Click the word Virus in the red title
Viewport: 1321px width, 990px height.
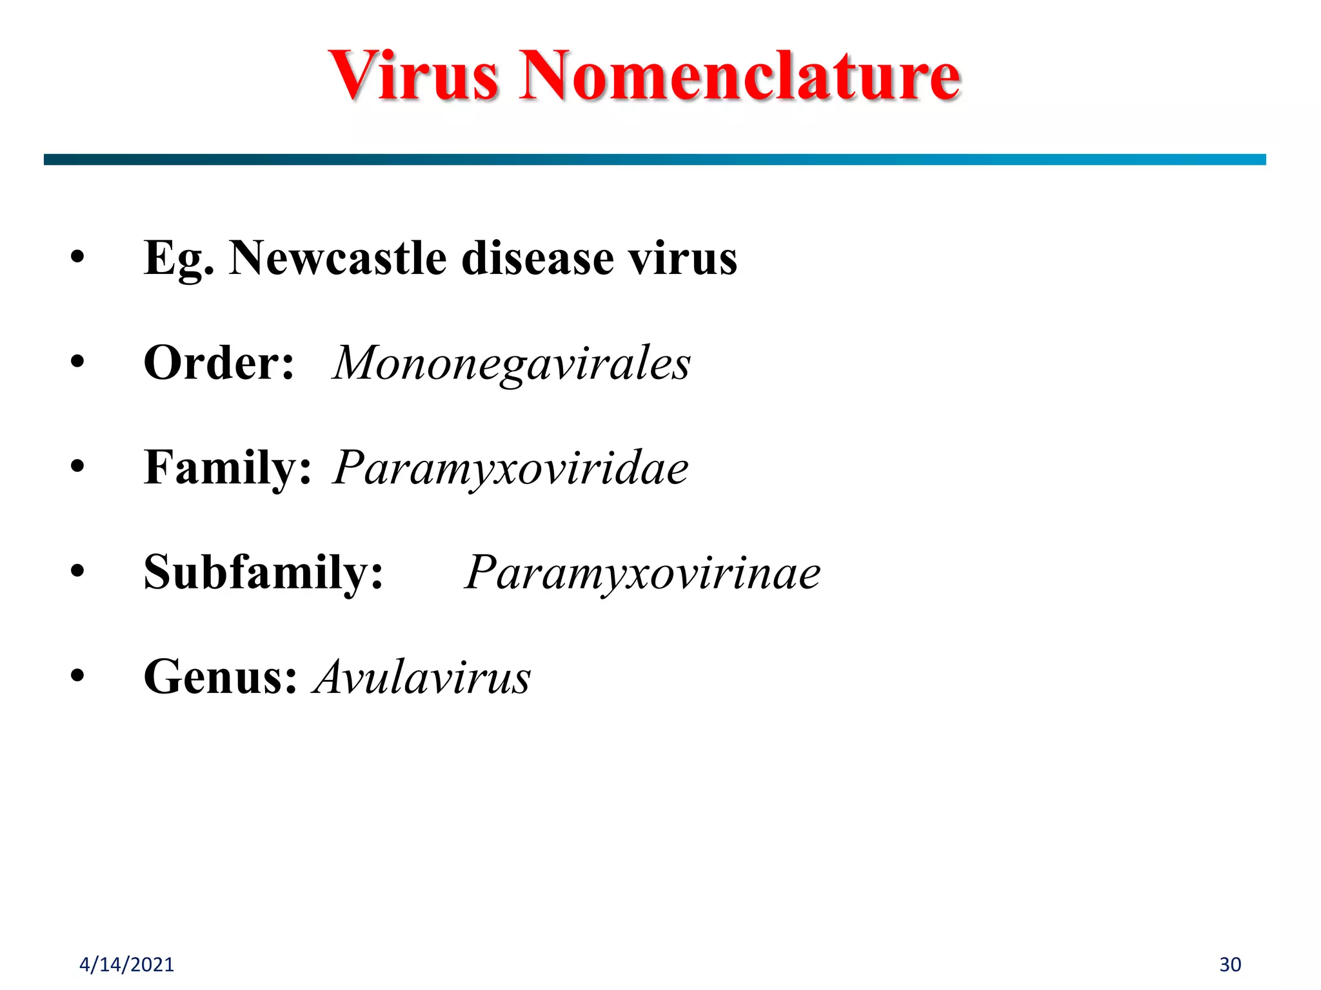pos(413,75)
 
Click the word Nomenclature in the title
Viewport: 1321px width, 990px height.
pos(740,75)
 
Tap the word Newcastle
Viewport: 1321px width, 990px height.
pos(338,258)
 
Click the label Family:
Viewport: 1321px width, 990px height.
pos(228,468)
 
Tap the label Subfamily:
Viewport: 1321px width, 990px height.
pos(263,572)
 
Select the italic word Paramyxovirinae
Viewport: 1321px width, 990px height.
pos(642,572)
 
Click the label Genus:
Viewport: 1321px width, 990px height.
pos(220,677)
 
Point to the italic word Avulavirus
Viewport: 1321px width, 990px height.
pos(422,677)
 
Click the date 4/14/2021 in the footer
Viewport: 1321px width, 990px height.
pos(126,964)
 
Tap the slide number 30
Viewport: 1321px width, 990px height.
pos(1230,964)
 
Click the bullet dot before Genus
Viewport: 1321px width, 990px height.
pos(77,676)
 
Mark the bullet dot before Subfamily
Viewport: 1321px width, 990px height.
pos(77,571)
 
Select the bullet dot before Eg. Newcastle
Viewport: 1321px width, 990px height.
pos(77,257)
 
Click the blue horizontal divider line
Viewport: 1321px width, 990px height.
pos(655,159)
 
